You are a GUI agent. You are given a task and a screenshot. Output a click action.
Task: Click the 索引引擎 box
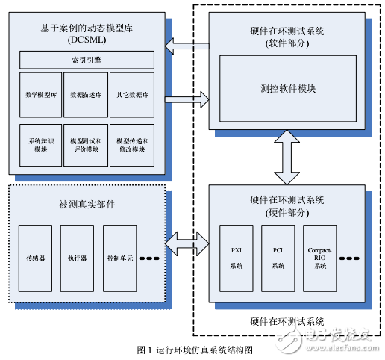pyautogui.click(x=87, y=59)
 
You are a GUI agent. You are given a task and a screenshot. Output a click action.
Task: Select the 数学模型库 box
pyautogui.click(x=41, y=96)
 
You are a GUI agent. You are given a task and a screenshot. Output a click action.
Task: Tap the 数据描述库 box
pyautogui.click(x=87, y=96)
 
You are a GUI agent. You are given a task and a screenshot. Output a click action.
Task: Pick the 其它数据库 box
pyautogui.click(x=132, y=96)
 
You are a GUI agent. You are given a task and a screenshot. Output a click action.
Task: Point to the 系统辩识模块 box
pyautogui.click(x=41, y=144)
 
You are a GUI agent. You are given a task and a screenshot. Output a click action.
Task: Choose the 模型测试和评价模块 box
pyautogui.click(x=87, y=144)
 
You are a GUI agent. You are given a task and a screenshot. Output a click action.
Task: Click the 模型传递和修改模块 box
pyautogui.click(x=132, y=144)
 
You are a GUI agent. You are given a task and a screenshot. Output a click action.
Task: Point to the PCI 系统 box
pyautogui.click(x=278, y=258)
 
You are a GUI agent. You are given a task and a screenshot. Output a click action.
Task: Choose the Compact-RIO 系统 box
pyautogui.click(x=319, y=258)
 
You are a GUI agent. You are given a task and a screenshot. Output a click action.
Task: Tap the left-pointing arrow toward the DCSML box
pyautogui.click(x=187, y=49)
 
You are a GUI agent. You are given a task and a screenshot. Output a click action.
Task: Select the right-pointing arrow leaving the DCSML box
pyautogui.click(x=187, y=97)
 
